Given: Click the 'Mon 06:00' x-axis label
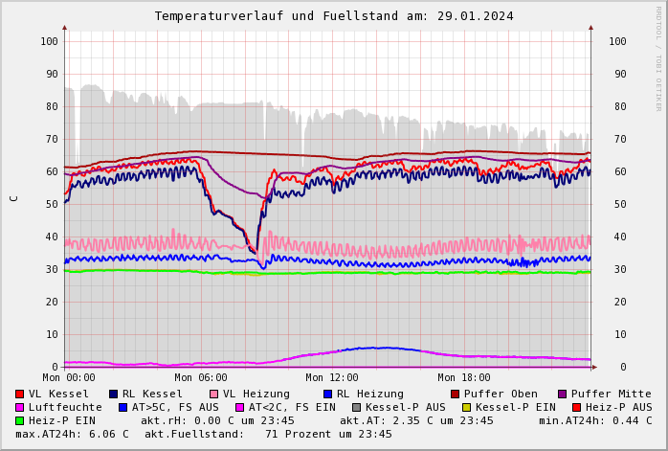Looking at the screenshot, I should coord(201,378).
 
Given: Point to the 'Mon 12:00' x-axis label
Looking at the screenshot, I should coord(332,378).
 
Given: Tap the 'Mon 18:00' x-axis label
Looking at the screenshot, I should coord(464,378).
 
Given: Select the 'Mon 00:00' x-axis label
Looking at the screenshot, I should coord(69,378).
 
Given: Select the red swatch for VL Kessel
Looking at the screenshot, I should coord(20,395).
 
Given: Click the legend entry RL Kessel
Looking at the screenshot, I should coord(152,395).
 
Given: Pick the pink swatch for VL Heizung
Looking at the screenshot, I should coord(214,395).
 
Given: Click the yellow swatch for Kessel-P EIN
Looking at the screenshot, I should coord(467,408).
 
